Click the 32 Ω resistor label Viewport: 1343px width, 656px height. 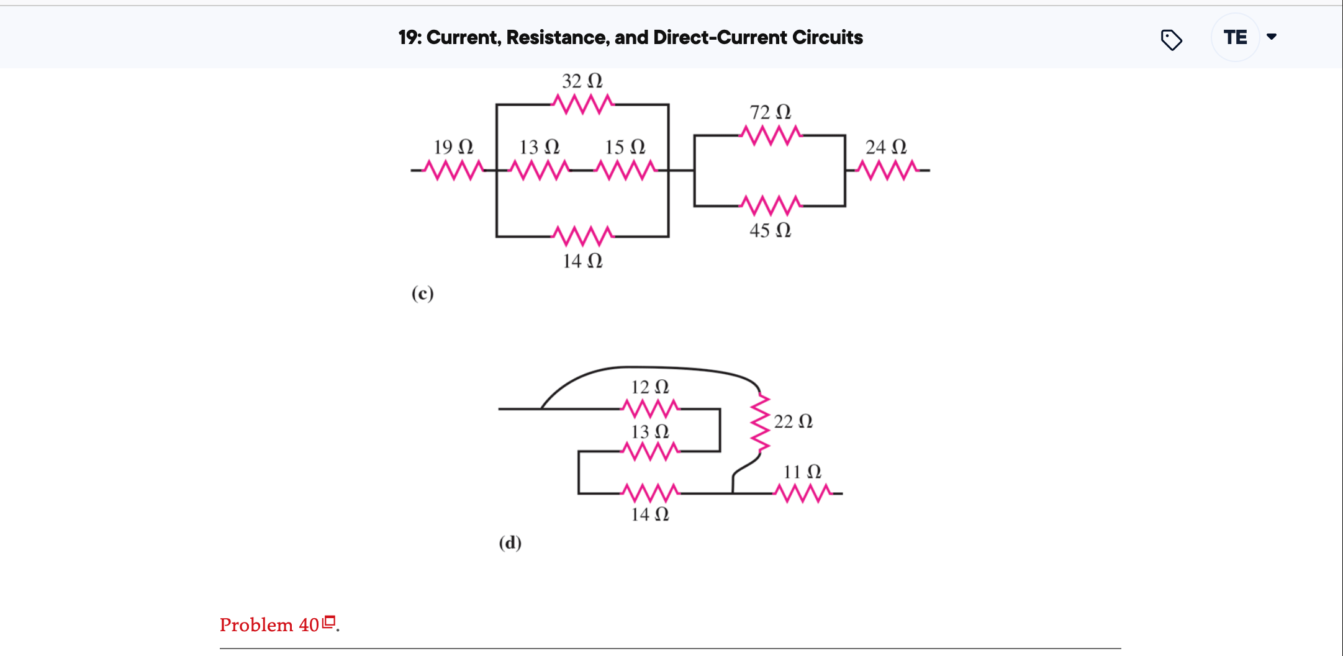(582, 81)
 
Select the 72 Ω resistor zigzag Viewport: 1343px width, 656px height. (771, 135)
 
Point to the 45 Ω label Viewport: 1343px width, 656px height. (770, 230)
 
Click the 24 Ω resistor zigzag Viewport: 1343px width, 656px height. (887, 169)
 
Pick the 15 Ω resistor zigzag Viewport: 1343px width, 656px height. (625, 169)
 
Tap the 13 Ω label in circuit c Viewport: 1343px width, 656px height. (539, 147)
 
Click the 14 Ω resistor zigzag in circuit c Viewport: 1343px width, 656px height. (582, 236)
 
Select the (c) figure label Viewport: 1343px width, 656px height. (422, 293)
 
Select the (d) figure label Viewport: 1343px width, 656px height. (510, 543)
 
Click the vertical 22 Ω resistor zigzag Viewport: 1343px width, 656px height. (759, 425)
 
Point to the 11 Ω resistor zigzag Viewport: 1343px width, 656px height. (802, 493)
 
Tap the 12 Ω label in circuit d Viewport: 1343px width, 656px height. (649, 387)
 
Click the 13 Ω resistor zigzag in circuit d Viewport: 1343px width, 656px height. (650, 451)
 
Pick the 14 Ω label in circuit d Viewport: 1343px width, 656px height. (649, 514)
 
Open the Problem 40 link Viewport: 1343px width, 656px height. (269, 625)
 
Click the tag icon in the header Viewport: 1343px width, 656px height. (1171, 40)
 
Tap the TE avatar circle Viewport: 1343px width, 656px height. (1235, 37)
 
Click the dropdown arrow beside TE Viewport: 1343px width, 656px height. (1272, 37)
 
